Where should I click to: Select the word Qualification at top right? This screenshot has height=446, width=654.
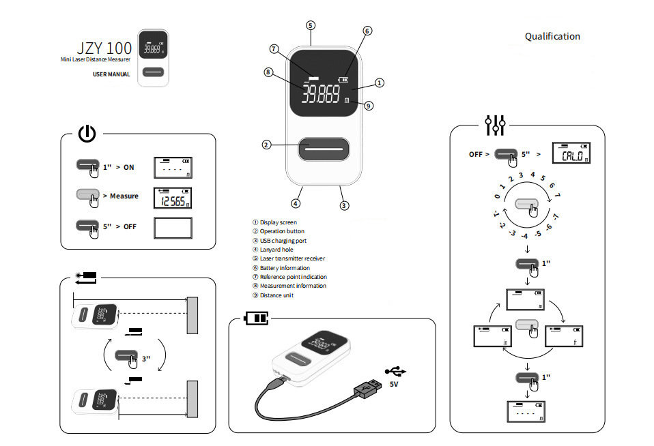coord(552,36)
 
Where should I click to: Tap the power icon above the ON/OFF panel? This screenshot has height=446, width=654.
coord(87,134)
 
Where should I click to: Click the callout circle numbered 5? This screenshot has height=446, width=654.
coord(311,25)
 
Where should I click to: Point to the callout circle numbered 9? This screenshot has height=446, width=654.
coord(369,106)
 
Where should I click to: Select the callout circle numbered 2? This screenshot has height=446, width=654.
coord(266,145)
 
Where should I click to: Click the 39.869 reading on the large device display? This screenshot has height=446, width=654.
coord(322,93)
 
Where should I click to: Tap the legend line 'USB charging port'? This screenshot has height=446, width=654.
coord(282,240)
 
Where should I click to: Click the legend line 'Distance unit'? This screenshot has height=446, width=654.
coord(276,295)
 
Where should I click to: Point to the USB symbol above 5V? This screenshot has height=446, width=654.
coord(395,371)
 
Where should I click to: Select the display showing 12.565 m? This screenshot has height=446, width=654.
coord(172,196)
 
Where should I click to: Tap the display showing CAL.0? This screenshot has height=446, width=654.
coord(571,155)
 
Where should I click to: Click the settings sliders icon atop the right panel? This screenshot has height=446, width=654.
coord(495,125)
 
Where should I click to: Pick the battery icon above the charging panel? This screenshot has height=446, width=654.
coord(257,318)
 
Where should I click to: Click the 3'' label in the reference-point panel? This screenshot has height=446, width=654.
coord(146,357)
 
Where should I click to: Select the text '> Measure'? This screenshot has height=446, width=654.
coord(120,196)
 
